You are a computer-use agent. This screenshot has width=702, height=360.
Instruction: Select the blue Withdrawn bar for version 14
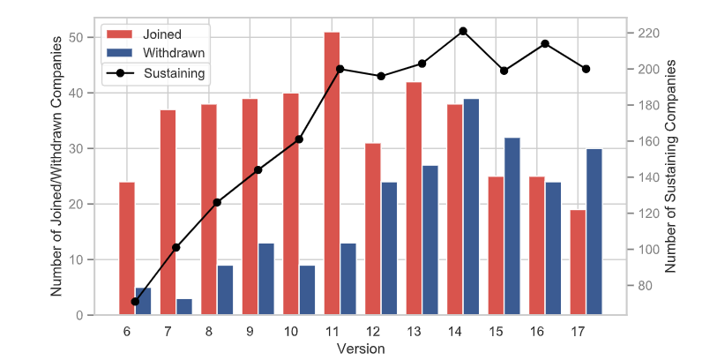(x=471, y=206)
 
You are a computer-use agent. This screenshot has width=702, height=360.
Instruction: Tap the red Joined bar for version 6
(x=127, y=248)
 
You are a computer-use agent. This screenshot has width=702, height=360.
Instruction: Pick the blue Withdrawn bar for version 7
(x=184, y=306)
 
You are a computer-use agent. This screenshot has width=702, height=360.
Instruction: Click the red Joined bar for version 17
(x=578, y=261)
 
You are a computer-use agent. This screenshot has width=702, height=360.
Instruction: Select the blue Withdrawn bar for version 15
(x=512, y=226)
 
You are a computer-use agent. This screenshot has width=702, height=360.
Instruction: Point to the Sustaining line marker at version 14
(x=463, y=31)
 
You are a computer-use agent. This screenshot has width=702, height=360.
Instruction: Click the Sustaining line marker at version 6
(x=135, y=302)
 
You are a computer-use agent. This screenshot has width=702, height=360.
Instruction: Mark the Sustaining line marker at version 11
(x=340, y=69)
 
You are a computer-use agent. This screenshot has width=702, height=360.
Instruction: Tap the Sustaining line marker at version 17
(x=586, y=69)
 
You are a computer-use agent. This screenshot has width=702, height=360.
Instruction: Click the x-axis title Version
(x=361, y=349)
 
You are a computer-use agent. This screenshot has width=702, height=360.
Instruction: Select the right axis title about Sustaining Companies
(x=673, y=166)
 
